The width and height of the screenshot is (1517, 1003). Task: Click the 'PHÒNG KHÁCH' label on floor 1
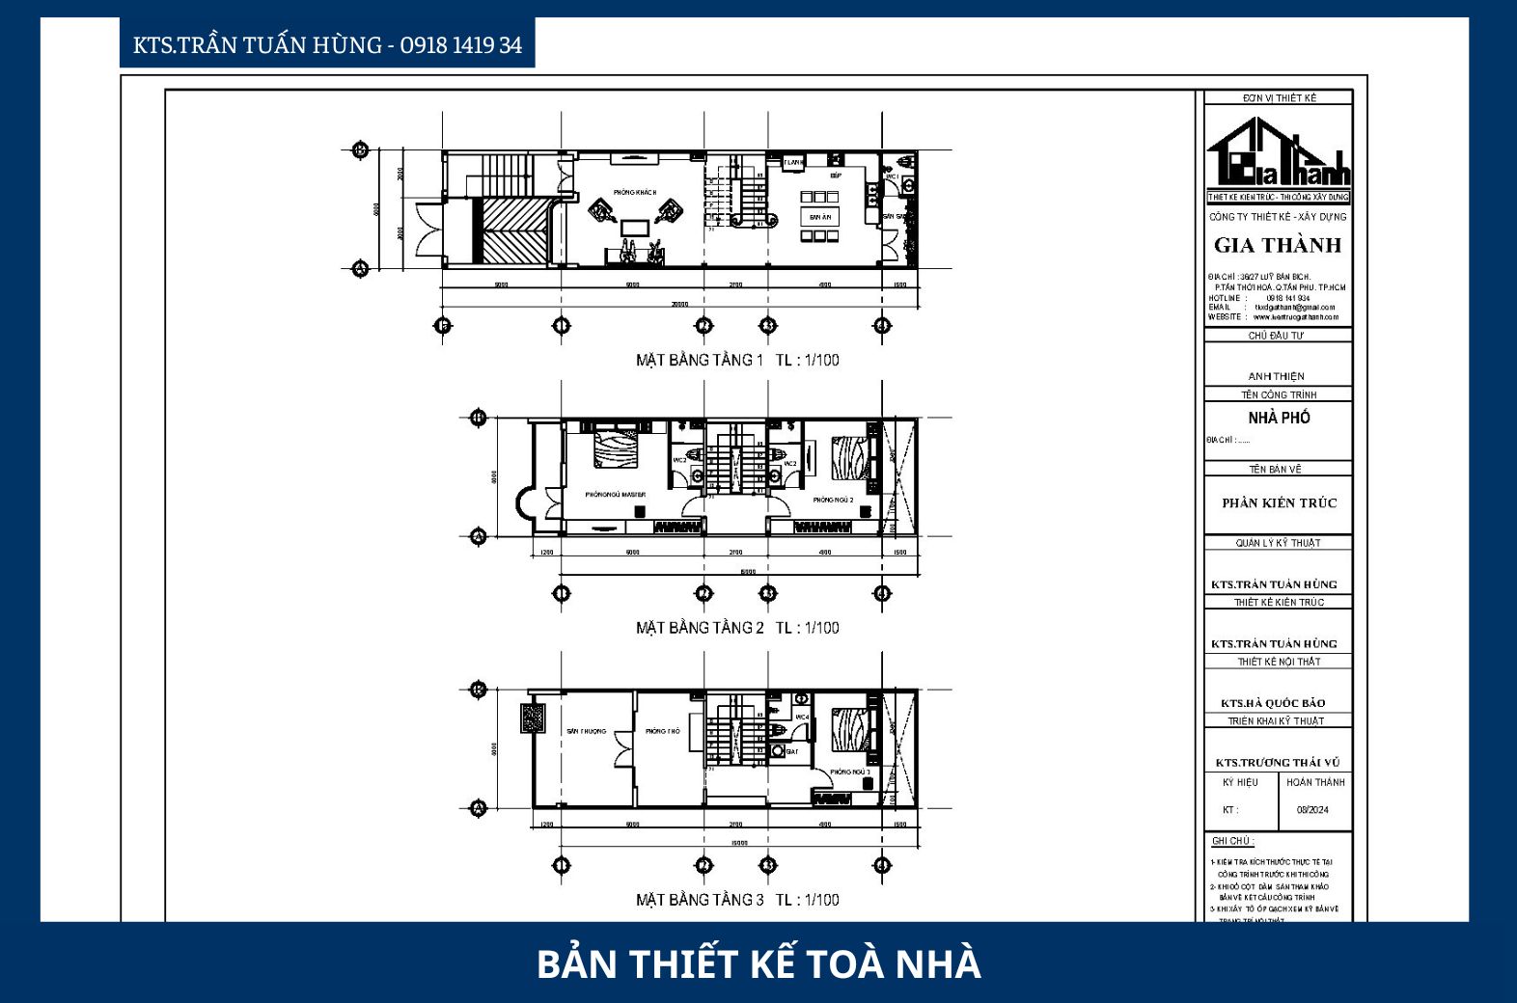(x=634, y=192)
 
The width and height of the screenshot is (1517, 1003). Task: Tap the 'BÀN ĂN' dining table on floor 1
(x=819, y=217)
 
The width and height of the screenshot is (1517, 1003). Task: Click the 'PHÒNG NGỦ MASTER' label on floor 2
(x=615, y=495)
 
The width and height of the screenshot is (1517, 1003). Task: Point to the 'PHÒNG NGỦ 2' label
(x=833, y=500)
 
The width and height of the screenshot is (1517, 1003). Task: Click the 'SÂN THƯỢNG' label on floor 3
(x=586, y=731)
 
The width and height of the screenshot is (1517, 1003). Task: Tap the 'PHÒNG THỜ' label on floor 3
(x=662, y=731)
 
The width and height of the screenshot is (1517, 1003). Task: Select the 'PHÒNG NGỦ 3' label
(x=849, y=772)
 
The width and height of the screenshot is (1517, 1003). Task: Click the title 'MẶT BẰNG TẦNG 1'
(x=699, y=360)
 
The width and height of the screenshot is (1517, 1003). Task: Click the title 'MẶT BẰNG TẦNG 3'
(x=699, y=900)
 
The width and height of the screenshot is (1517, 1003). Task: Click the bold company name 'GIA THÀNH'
(x=1278, y=245)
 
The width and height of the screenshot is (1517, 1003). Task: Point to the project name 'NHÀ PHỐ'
(x=1279, y=418)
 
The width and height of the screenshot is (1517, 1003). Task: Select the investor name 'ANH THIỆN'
(x=1276, y=376)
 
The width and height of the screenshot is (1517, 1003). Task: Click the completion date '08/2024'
(x=1312, y=810)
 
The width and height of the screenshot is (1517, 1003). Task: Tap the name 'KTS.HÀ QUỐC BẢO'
(x=1273, y=703)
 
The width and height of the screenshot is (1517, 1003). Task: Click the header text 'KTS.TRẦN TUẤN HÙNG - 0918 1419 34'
(x=327, y=45)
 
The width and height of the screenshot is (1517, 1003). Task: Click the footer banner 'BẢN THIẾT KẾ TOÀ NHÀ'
(x=758, y=963)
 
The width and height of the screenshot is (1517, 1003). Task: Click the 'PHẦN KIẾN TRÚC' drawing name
(x=1279, y=502)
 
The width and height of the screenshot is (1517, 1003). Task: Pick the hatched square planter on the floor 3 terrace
(x=533, y=718)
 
